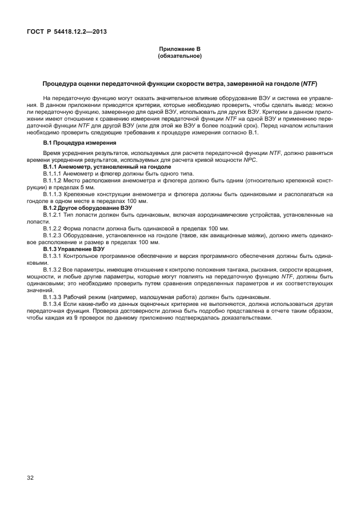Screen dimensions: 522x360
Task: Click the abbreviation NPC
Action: click(250, 160)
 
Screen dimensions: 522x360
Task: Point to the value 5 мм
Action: click(87, 187)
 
